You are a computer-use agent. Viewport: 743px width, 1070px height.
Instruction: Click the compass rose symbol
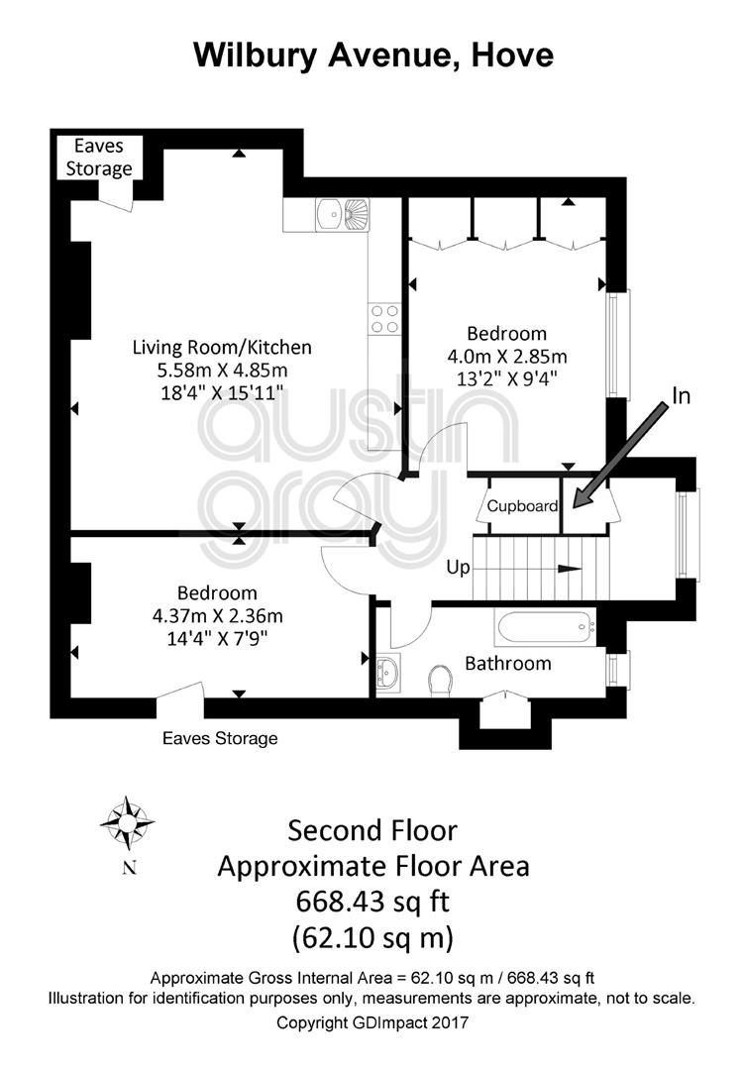tap(127, 823)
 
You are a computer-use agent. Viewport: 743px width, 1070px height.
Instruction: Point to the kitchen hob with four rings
tap(384, 319)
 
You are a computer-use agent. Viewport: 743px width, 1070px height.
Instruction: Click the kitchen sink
tap(343, 214)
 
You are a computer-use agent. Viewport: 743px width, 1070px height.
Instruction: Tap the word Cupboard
tap(522, 506)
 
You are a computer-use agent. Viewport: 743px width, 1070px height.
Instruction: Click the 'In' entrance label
tap(681, 395)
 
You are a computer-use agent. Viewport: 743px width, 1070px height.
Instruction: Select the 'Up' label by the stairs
tap(458, 568)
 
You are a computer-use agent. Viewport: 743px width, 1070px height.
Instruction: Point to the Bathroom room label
tap(507, 663)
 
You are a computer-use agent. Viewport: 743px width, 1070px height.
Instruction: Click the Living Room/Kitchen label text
tap(222, 348)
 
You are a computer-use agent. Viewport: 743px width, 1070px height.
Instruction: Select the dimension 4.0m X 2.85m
tap(507, 357)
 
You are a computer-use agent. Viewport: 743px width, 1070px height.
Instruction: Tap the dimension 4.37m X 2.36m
tap(217, 616)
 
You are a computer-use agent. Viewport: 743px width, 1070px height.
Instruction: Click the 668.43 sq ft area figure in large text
tap(372, 902)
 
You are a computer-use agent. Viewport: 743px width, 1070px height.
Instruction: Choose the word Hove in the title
tap(512, 54)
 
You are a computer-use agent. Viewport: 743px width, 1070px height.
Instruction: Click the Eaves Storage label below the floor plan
tap(220, 738)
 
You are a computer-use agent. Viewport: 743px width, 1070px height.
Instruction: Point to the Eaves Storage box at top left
tap(99, 158)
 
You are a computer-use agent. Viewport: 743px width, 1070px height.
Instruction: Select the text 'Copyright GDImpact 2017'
tap(371, 1022)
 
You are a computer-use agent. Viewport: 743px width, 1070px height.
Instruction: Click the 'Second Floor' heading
tap(372, 830)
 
